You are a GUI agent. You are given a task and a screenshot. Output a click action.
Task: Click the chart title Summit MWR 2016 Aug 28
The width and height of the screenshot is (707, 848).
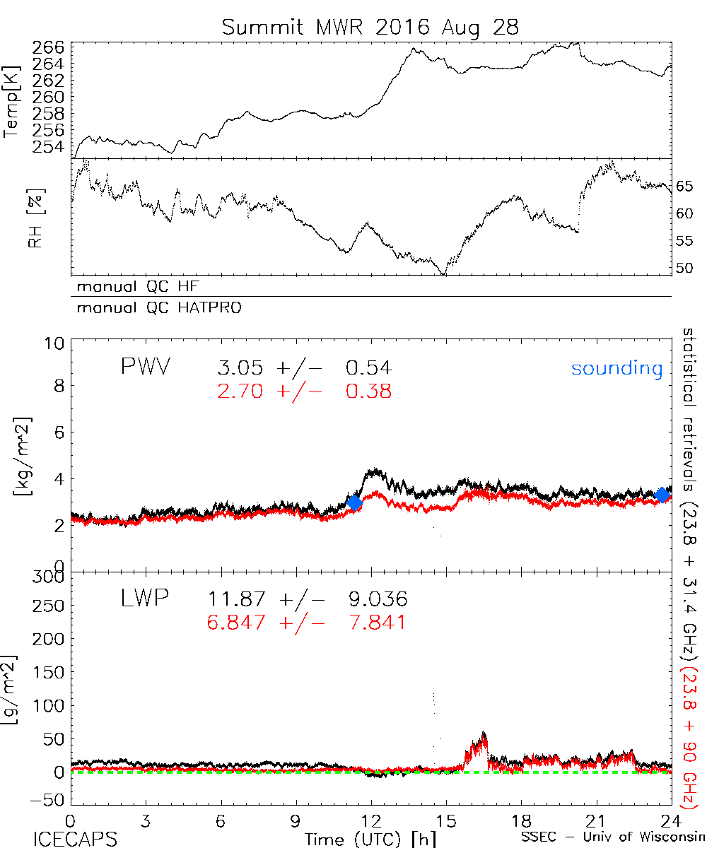(x=370, y=27)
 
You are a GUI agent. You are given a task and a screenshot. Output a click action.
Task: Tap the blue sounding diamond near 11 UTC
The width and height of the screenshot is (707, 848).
(x=355, y=502)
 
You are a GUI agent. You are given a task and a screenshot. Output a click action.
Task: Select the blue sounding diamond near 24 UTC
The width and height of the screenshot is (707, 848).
(x=662, y=495)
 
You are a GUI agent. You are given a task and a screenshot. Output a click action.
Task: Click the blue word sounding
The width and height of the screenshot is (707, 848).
(x=617, y=368)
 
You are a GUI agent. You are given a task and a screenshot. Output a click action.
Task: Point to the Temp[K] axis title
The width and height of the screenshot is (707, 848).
(x=12, y=102)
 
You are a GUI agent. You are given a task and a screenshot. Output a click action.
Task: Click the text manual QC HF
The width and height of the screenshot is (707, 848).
(x=134, y=287)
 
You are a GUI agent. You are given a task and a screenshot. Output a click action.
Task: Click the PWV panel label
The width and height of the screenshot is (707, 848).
(x=147, y=367)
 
